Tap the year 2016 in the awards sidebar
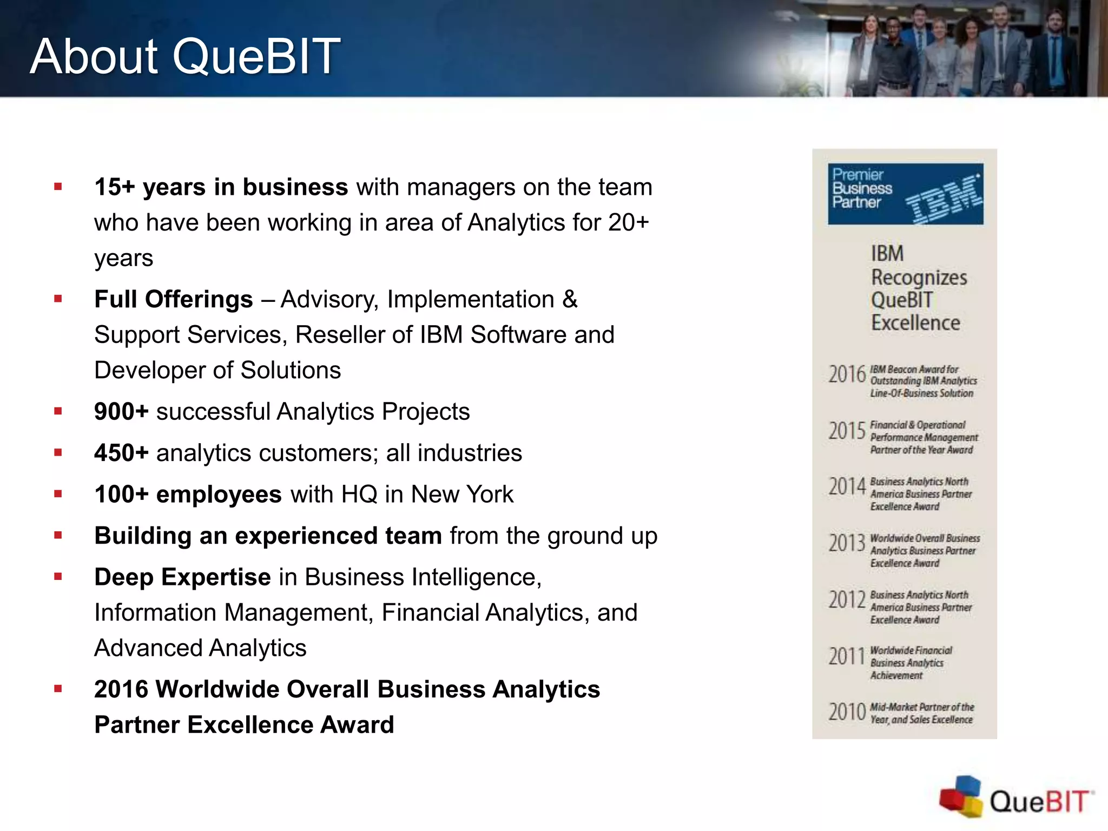point(847,374)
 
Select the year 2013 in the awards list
point(847,543)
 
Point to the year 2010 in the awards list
point(847,713)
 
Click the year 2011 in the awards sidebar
point(847,657)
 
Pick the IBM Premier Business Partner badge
point(905,194)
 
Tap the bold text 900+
point(121,412)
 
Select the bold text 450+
point(121,453)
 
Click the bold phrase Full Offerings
point(173,299)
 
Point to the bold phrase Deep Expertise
point(182,577)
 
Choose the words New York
point(462,494)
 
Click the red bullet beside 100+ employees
point(58,494)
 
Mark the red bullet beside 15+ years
point(58,187)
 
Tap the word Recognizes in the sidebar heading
point(919,278)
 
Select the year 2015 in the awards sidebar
point(847,431)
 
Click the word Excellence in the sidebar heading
point(915,323)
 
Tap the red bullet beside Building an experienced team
point(58,536)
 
